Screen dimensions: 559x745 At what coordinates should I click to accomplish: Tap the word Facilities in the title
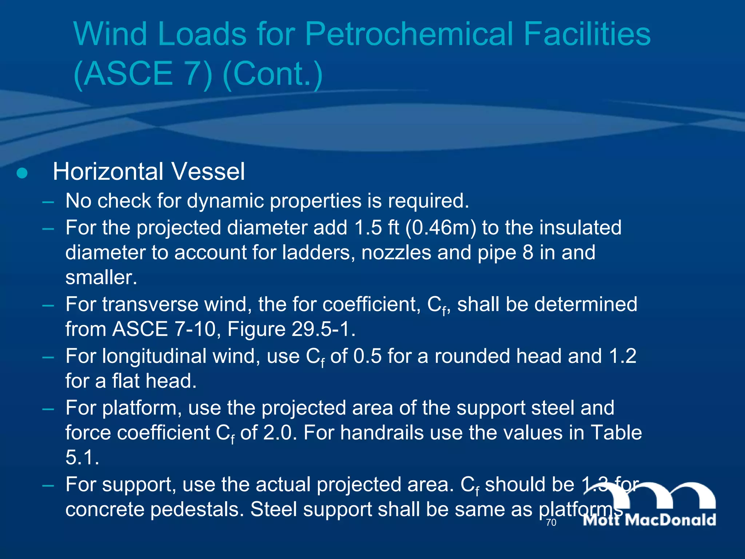click(587, 34)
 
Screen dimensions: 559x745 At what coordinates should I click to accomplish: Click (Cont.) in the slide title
click(272, 74)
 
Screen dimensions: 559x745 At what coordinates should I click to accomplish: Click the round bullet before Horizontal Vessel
click(22, 173)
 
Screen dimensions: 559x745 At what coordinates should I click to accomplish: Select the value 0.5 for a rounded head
click(367, 356)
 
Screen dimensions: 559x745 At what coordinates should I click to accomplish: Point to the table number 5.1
click(82, 458)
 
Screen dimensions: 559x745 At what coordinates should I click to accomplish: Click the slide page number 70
click(551, 523)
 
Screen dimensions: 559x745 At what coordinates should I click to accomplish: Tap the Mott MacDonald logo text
click(649, 520)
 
